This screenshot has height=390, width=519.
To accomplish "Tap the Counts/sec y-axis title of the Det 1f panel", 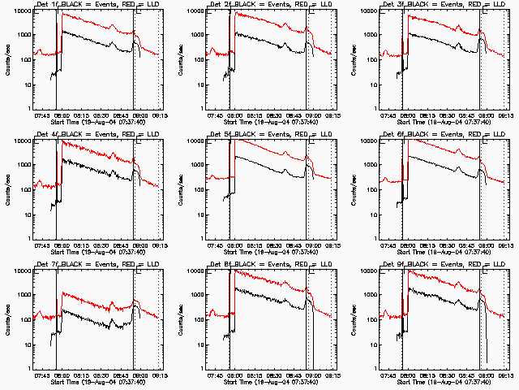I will point(6,60).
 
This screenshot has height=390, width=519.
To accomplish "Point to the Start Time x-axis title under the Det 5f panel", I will point(268,253).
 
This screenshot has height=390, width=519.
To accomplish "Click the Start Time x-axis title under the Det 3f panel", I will point(442,123).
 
